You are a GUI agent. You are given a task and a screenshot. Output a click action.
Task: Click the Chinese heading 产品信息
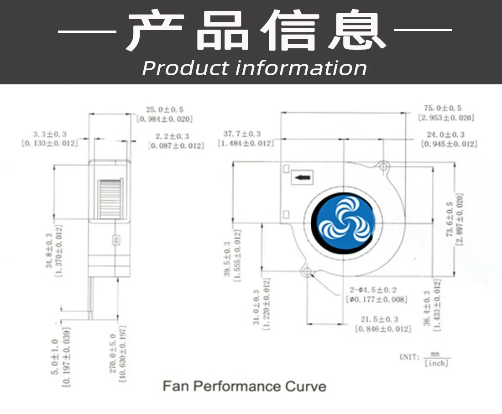(x=255, y=31)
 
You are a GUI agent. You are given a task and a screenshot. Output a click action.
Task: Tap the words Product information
(x=254, y=68)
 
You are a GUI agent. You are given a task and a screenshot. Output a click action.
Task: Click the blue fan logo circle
(x=343, y=222)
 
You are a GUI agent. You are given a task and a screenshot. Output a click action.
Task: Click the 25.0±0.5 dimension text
(x=165, y=109)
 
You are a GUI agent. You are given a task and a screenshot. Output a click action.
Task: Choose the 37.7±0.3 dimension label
(x=242, y=134)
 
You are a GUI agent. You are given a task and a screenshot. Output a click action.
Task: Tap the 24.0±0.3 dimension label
(x=446, y=135)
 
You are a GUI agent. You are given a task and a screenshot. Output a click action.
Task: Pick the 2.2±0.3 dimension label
(x=173, y=136)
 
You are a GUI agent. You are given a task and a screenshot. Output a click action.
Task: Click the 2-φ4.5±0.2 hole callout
(x=373, y=290)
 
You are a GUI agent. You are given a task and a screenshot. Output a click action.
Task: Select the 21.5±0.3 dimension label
(x=380, y=319)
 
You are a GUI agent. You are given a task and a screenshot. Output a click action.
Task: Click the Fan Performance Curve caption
(x=245, y=387)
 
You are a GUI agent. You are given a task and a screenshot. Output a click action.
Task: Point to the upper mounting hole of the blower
(x=382, y=165)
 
